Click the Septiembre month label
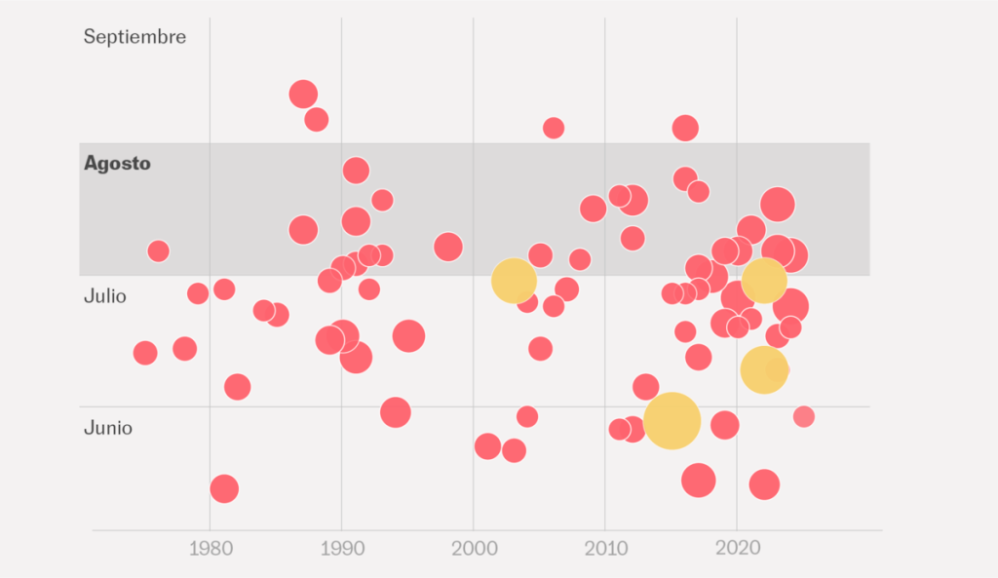(x=134, y=37)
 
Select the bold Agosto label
(x=117, y=164)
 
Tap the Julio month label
(x=105, y=295)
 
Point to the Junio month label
(x=108, y=428)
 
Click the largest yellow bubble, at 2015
(x=672, y=420)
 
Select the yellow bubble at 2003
(x=514, y=281)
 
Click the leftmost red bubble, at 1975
(x=145, y=353)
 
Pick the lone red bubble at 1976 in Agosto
(x=158, y=251)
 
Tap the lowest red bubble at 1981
(x=224, y=488)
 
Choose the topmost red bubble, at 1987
(x=303, y=95)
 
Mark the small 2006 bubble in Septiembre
(x=554, y=128)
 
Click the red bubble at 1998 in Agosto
(x=447, y=247)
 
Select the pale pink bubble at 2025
(x=803, y=417)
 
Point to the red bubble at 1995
(x=408, y=335)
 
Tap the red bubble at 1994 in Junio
(x=395, y=412)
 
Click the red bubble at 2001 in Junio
(x=487, y=446)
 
